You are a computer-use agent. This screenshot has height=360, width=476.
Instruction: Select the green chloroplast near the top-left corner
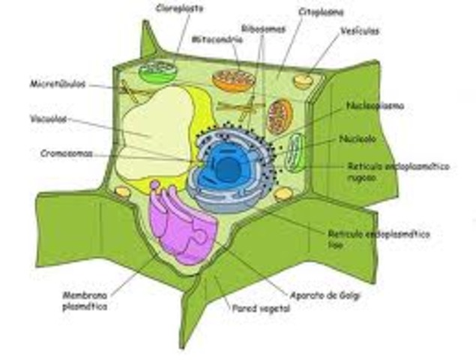click(157, 72)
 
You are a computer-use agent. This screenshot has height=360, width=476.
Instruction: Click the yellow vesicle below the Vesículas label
click(304, 80)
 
